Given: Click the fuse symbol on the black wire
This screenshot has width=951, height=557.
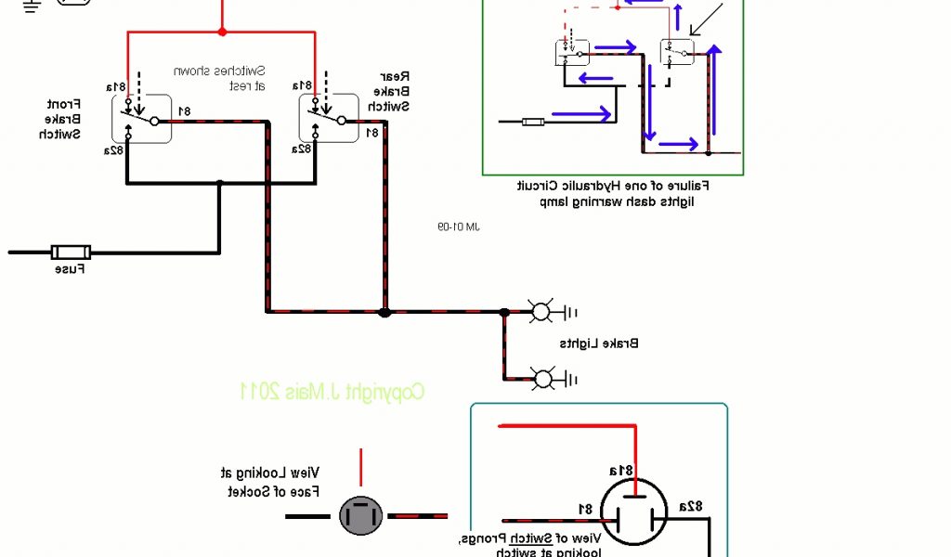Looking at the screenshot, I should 70,252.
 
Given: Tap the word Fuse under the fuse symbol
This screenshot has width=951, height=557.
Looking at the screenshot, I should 70,270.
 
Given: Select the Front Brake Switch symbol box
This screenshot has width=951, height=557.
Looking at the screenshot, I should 144,119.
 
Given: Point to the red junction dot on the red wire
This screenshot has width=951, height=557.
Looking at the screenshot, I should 222,32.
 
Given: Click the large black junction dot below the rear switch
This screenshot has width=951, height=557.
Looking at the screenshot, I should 384,312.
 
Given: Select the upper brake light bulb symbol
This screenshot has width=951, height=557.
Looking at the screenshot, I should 540,312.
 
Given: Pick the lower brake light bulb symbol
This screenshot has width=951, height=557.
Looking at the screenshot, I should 540,377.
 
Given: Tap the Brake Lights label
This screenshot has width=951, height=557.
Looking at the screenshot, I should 599,343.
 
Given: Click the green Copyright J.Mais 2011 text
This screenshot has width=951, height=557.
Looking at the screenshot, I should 332,392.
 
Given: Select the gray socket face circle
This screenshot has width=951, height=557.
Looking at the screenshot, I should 359,515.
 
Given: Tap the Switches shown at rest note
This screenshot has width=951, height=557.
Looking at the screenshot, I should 234,78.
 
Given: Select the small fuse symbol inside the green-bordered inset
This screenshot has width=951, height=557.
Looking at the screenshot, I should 533,121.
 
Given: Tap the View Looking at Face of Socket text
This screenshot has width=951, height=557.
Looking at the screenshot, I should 274,482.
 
